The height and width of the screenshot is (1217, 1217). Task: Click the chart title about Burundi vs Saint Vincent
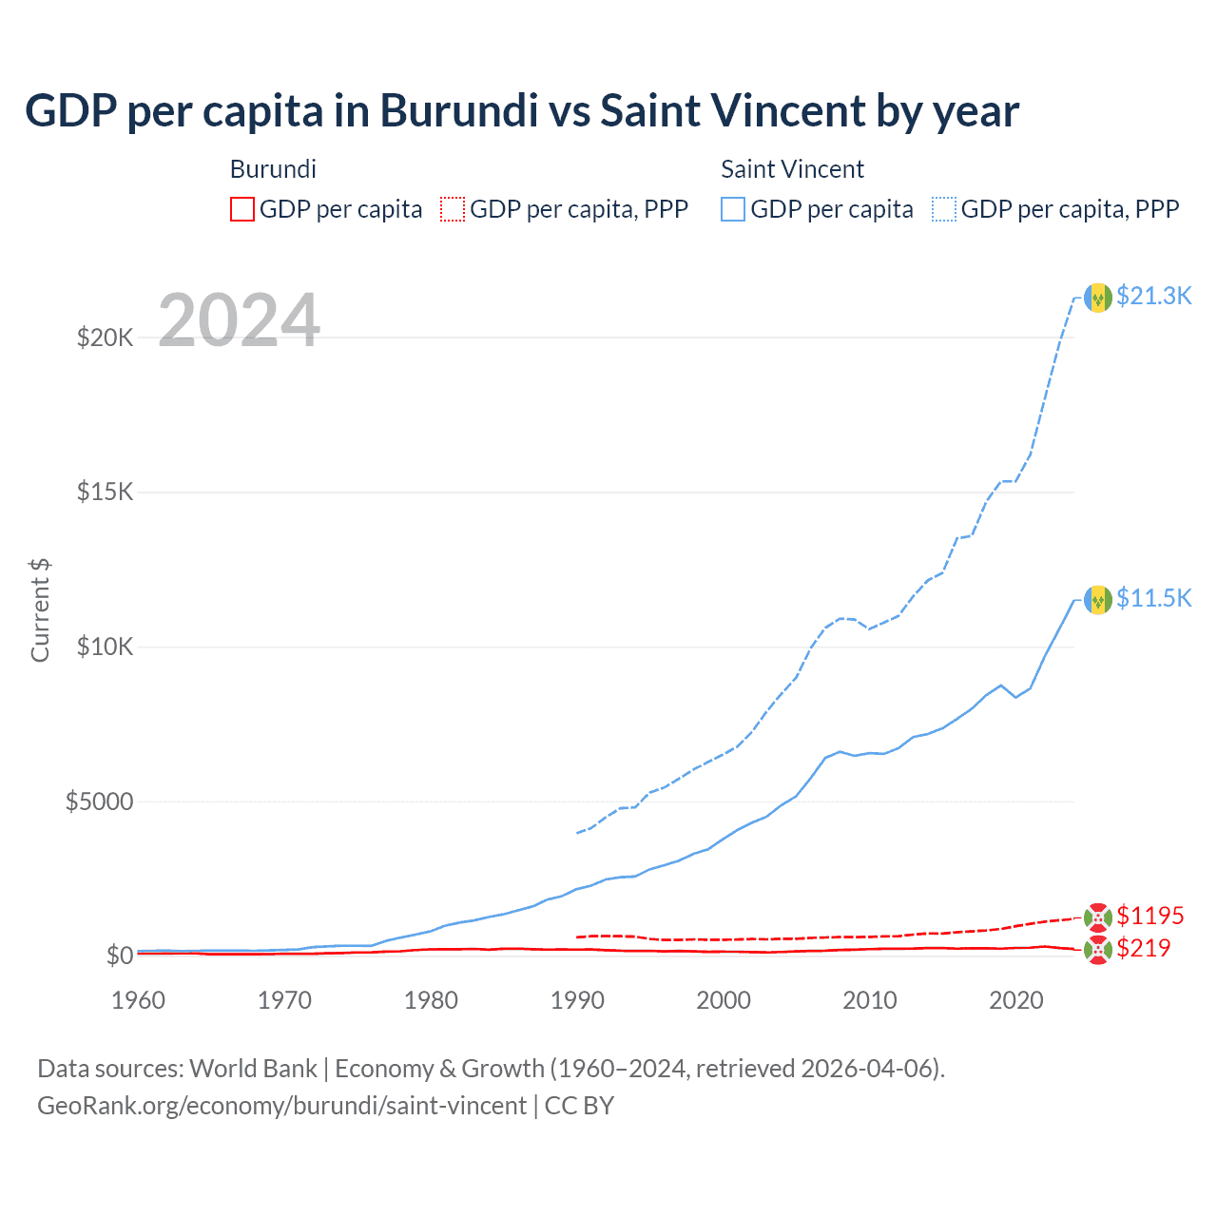[x=522, y=111]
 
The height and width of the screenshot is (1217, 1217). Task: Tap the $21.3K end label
[x=1153, y=296]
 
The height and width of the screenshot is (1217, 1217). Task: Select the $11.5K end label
[x=1153, y=598]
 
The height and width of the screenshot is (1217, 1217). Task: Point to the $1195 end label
[x=1149, y=916]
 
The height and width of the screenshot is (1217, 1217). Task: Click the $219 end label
[x=1143, y=948]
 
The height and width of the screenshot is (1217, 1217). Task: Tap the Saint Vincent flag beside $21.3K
[x=1098, y=298]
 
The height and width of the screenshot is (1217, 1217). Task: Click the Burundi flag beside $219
[x=1098, y=950]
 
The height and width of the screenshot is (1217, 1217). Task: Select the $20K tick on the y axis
[x=105, y=338]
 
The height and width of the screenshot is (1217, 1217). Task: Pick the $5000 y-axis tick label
[x=99, y=802]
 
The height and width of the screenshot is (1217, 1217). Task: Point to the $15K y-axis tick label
[x=105, y=493]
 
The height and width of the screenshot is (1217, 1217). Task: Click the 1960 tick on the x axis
[x=139, y=1000]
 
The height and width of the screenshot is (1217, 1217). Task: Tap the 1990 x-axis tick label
[x=577, y=1000]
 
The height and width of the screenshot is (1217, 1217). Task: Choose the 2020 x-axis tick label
[x=1016, y=1000]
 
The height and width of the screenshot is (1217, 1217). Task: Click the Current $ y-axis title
[x=40, y=610]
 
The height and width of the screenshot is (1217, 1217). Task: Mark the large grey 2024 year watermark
[x=239, y=320]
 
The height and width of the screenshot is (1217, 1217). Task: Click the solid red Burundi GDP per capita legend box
[x=242, y=209]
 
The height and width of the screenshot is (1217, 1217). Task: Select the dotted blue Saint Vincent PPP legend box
[x=944, y=209]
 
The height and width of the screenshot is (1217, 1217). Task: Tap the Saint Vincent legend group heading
[x=792, y=169]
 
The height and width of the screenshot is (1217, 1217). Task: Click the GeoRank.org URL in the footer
[x=281, y=1106]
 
